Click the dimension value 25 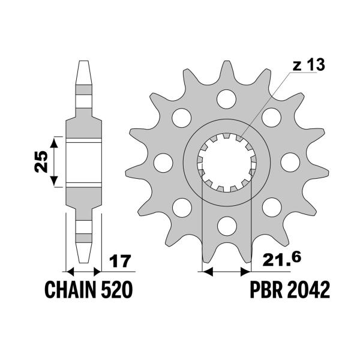(41, 161)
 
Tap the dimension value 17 (120, 260)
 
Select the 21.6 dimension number (282, 260)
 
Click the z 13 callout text (309, 65)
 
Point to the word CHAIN (70, 290)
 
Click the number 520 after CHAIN (117, 290)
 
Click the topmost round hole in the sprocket (226, 99)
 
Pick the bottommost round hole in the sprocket (227, 226)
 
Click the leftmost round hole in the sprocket (163, 163)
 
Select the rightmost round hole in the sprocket (290, 163)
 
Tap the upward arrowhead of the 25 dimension (54, 143)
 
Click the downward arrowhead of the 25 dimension (54, 181)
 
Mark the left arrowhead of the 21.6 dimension (208, 272)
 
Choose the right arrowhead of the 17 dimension (97, 272)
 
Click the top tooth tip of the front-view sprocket (227, 61)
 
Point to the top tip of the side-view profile (84, 61)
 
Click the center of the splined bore (227, 163)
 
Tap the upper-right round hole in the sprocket (271, 118)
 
